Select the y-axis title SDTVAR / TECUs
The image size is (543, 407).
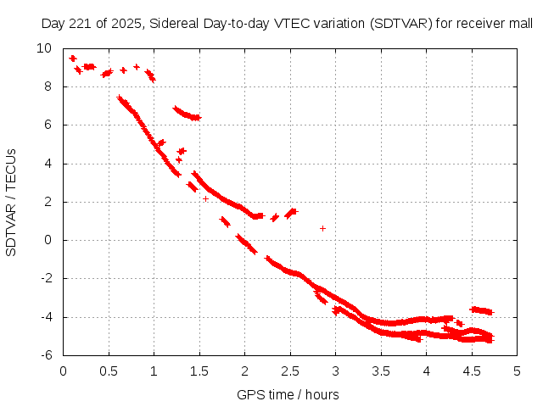pyautogui.click(x=12, y=202)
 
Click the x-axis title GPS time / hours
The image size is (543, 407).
pyautogui.click(x=288, y=394)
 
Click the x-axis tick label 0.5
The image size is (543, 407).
pyautogui.click(x=109, y=371)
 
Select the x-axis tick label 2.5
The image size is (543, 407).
pyautogui.click(x=290, y=371)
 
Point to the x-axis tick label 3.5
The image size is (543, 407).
pyautogui.click(x=381, y=371)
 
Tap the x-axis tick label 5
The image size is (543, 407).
pyautogui.click(x=517, y=371)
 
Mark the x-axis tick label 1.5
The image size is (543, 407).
pyautogui.click(x=199, y=371)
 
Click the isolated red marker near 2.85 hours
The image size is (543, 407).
pyautogui.click(x=322, y=228)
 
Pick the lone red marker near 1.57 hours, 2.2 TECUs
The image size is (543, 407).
pyautogui.click(x=206, y=198)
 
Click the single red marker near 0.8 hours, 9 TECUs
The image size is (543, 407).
pyautogui.click(x=137, y=66)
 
